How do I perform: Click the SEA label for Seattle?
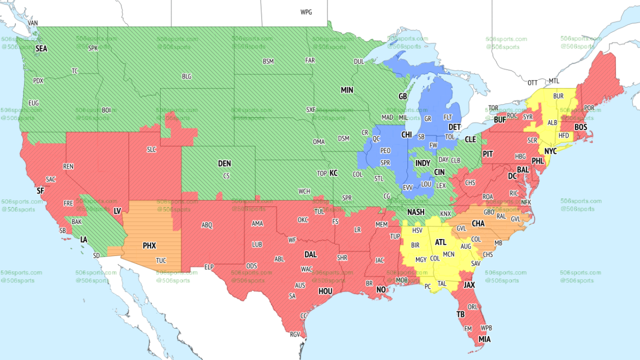pos(41,49)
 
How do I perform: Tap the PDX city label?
pos(38,81)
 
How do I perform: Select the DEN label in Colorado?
pos(225,164)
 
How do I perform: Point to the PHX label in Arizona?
pos(149,246)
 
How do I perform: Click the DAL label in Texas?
pos(310,255)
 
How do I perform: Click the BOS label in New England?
pos(581,127)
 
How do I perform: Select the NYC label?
pos(550,151)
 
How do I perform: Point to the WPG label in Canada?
pos(306,12)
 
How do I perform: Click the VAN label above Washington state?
pos(33,23)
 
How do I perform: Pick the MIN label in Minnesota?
pos(347,91)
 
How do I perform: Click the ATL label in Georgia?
pos(441,242)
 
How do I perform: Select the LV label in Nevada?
pos(117,212)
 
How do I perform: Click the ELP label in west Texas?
pos(210,266)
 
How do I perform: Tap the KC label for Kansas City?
pos(333,173)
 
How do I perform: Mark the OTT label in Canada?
pos(533,83)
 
